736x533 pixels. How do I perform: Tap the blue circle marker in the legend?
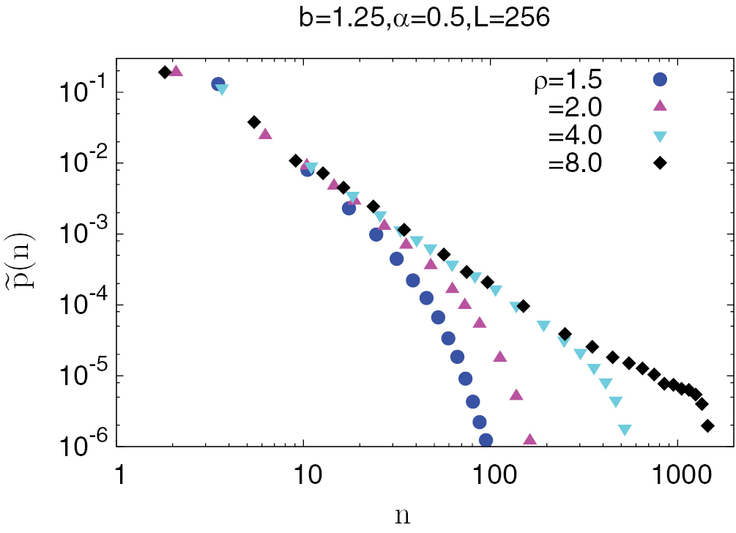point(660,80)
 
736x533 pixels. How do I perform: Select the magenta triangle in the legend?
point(660,107)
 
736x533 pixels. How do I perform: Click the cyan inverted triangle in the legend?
point(660,136)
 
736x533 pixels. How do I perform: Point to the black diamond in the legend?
point(660,163)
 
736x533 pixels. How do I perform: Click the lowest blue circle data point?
point(486,440)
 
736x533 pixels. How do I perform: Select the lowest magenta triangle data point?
point(529,440)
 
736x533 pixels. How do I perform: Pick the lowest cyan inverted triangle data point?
point(625,430)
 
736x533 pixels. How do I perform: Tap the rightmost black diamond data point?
point(707,425)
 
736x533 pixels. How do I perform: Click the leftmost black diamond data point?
point(165,71)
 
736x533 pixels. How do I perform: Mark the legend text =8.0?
point(575,163)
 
